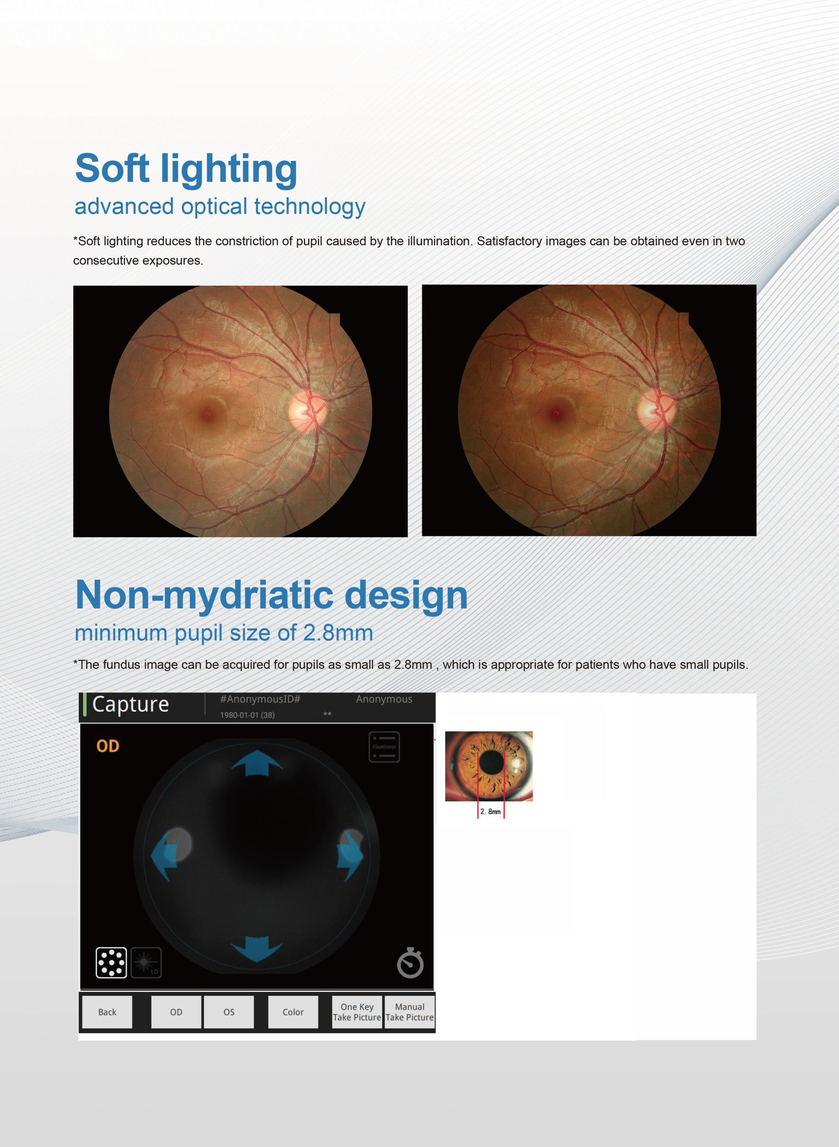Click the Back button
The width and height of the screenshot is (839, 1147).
coord(107,1012)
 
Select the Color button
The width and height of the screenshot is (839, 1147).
coord(293,1012)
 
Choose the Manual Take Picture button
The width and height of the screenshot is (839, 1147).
coord(409,1012)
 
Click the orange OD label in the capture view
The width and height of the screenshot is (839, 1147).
coord(108,746)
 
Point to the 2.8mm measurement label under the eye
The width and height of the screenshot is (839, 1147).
coord(491,812)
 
